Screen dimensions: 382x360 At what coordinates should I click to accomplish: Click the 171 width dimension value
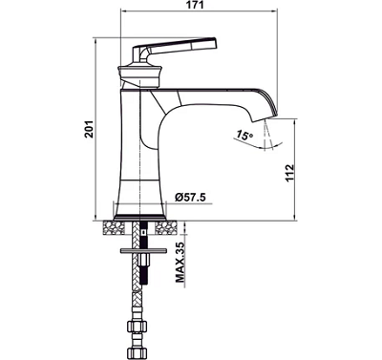[196, 5]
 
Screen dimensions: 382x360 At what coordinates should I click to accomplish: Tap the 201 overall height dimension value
[90, 129]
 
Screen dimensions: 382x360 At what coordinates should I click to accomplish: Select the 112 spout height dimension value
[289, 173]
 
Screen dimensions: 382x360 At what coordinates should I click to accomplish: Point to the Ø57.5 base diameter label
[190, 198]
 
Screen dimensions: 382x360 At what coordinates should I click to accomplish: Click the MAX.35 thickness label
[180, 263]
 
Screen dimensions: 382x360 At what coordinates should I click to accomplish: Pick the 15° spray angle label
[244, 136]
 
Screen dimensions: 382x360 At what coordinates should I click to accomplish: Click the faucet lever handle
[175, 50]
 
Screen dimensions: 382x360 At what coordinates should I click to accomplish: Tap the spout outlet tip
[265, 117]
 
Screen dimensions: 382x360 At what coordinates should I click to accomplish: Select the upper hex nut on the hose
[138, 327]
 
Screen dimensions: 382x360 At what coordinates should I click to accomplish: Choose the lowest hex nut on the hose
[138, 353]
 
